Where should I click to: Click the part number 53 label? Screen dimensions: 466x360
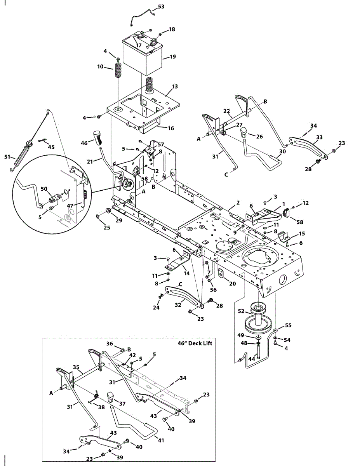point(161,7)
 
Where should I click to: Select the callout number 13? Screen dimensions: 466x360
point(175,86)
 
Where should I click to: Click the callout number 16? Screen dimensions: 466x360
point(171,128)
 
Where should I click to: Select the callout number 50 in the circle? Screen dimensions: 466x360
point(44,188)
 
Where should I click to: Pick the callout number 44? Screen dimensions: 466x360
point(251,359)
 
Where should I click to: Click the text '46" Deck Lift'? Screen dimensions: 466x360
point(193,343)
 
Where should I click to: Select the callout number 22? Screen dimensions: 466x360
point(227,111)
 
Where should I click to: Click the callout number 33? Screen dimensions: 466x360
point(319,137)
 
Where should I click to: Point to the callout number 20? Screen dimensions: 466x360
point(232,283)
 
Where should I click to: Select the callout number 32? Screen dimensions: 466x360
point(178,305)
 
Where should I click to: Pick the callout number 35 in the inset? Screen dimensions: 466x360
point(77,367)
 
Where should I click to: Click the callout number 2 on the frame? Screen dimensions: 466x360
point(238,203)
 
